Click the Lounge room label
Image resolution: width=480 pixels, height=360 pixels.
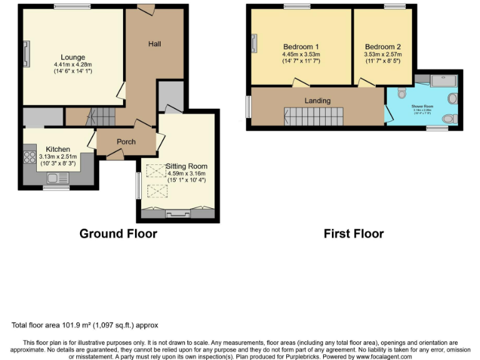[72, 57]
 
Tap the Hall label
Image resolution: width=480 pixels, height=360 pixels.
[154, 44]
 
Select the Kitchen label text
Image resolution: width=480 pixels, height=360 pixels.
[54, 149]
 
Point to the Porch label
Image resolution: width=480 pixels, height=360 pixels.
[126, 142]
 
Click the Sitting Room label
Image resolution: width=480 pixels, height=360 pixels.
[186, 166]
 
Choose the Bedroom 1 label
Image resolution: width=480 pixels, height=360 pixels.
[301, 47]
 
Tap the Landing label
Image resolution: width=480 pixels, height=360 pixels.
[317, 101]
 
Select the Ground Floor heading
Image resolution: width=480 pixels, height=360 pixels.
[118, 234]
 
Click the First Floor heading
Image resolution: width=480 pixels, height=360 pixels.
[354, 234]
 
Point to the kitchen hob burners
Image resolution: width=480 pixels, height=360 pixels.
[29, 157]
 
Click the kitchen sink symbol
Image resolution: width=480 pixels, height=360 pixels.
[60, 179]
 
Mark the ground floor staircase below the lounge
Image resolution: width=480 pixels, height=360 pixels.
[100, 115]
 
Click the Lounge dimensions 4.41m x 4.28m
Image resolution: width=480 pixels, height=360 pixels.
[72, 64]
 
